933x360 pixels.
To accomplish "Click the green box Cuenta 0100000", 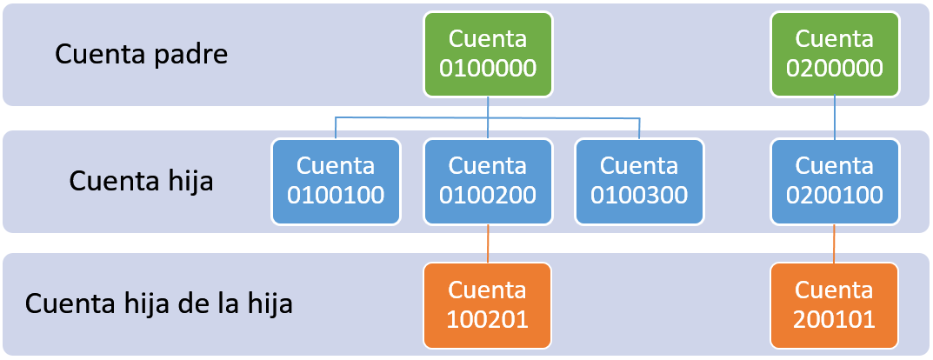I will (487, 53).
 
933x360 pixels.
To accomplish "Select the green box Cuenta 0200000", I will (835, 53).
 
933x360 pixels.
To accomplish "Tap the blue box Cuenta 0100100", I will (336, 180).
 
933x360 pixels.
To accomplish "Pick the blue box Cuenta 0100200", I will (487, 180).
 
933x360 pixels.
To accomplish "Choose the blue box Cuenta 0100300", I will (639, 180).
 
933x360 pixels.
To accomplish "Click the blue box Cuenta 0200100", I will (835, 180).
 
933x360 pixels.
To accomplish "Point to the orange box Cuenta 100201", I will (487, 305).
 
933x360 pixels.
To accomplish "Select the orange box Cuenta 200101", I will (835, 305).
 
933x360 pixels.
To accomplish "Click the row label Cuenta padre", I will (142, 54).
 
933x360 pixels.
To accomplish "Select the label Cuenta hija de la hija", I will (159, 305).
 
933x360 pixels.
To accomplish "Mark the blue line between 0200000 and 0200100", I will (835, 117).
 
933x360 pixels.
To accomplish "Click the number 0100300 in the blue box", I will (639, 194).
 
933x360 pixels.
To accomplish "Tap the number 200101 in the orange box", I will (835, 319).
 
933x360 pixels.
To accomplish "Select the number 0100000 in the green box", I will (487, 67).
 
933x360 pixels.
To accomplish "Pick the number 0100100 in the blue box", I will (336, 194).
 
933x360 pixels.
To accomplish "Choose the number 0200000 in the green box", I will (835, 67).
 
